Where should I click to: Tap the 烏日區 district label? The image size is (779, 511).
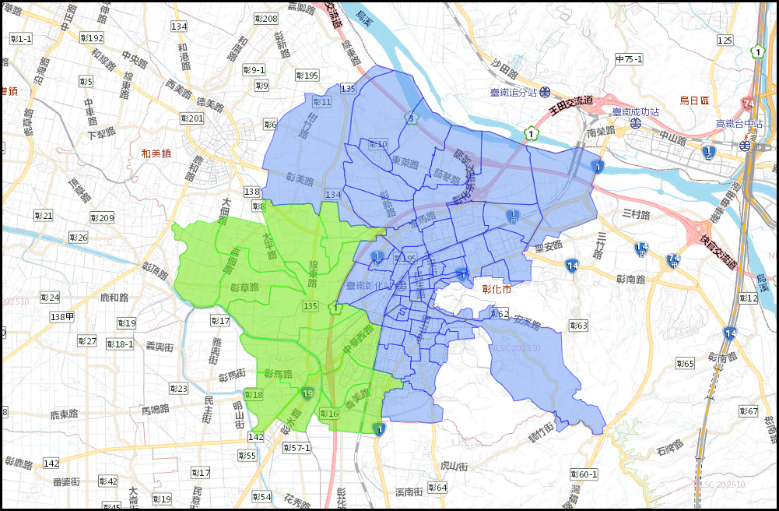pyautogui.click(x=695, y=100)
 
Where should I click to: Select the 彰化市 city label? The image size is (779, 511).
pyautogui.click(x=497, y=289)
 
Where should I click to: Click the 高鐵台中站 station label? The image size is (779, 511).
pyautogui.click(x=739, y=124)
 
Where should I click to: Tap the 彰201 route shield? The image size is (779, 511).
pyautogui.click(x=191, y=118)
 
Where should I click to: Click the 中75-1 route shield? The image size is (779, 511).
pyautogui.click(x=629, y=59)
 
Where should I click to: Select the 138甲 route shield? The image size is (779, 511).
pyautogui.click(x=61, y=316)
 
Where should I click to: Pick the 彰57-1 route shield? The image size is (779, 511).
pyautogui.click(x=297, y=448)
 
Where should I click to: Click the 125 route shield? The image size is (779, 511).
pyautogui.click(x=725, y=41)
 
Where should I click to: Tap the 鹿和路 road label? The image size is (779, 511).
pyautogui.click(x=114, y=298)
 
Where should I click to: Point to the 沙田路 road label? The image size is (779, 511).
pyautogui.click(x=505, y=71)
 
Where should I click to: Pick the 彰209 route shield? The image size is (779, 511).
pyautogui.click(x=101, y=217)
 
